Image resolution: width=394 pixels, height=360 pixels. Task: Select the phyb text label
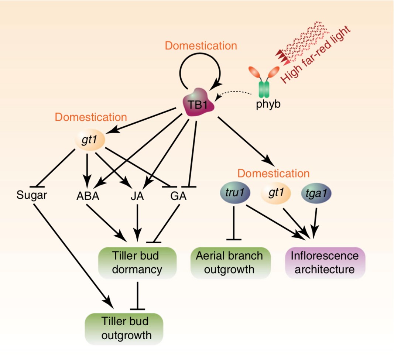click(x=268, y=104)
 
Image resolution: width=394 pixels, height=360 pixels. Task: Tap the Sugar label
click(x=32, y=195)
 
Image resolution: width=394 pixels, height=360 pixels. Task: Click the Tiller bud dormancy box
click(x=137, y=263)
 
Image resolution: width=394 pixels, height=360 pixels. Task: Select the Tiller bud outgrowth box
click(x=124, y=328)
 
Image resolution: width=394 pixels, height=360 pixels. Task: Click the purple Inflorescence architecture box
click(x=325, y=262)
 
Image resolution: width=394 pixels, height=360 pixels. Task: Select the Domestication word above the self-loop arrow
click(x=201, y=46)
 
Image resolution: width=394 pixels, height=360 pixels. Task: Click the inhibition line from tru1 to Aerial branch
click(x=234, y=223)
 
